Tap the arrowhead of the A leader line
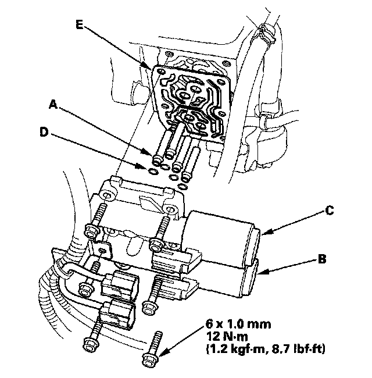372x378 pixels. click(153, 155)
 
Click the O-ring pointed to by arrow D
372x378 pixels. click(153, 171)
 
